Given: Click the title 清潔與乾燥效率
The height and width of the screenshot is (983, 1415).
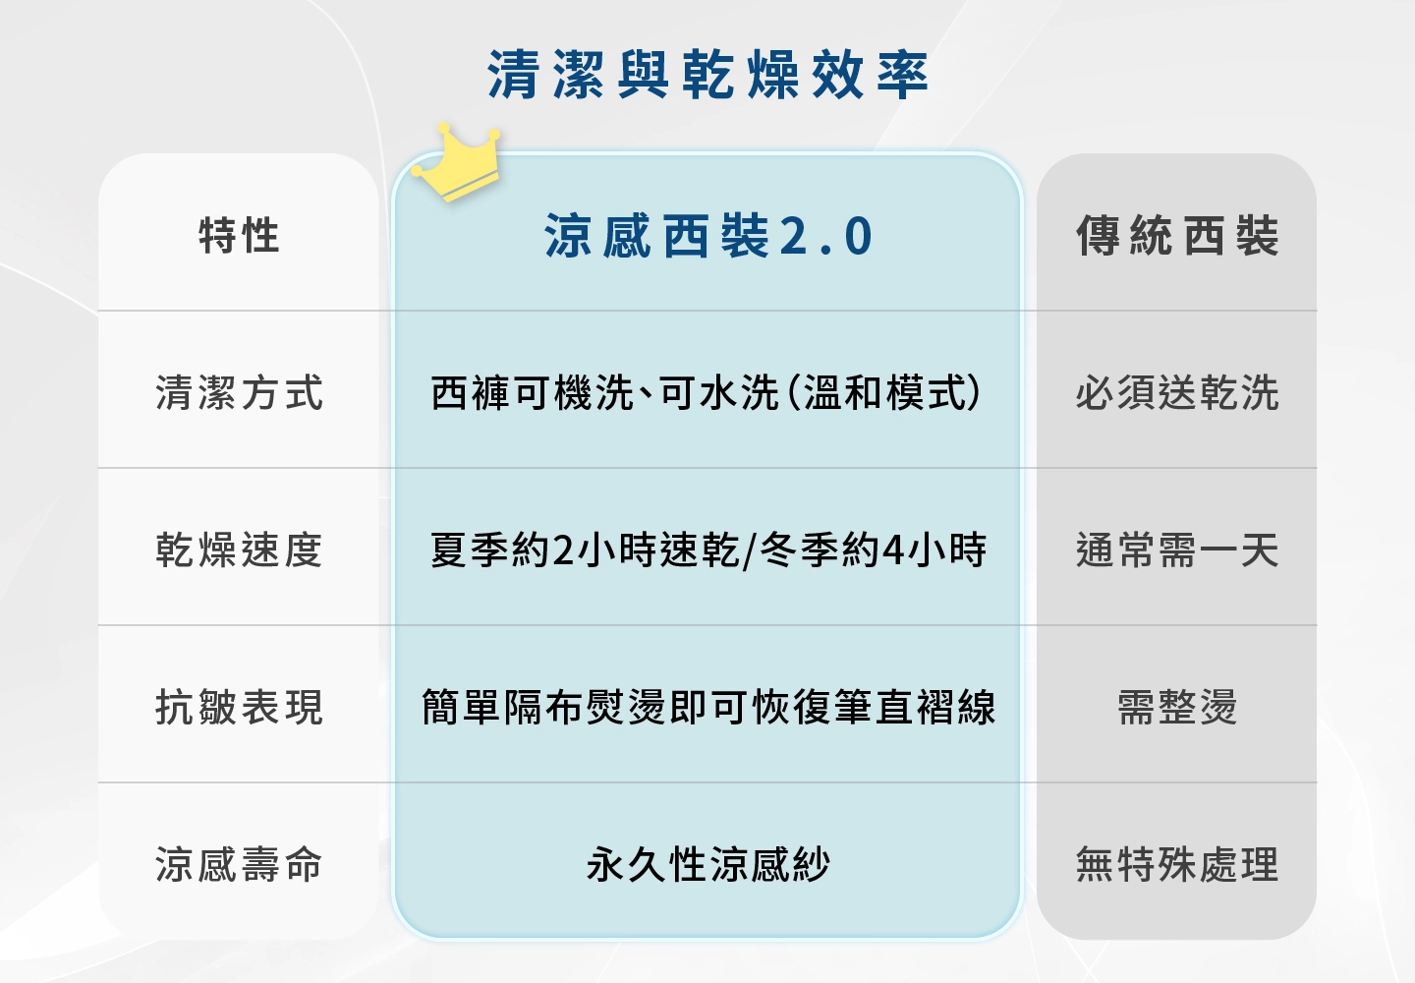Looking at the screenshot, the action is click(707, 75).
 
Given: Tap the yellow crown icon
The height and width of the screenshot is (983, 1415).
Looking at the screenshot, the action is click(456, 163).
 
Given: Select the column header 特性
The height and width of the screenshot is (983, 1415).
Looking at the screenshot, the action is click(239, 235).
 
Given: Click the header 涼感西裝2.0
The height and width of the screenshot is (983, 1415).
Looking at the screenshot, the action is click(707, 235).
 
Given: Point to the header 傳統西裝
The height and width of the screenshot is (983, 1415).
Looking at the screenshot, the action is click(1177, 235).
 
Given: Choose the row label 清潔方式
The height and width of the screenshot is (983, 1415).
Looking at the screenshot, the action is click(239, 392).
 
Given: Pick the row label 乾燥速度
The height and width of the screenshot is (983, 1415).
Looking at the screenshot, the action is click(239, 549).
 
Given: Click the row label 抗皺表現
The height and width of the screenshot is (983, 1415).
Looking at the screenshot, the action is click(239, 707).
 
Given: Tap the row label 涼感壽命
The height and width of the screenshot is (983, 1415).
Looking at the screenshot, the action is click(239, 864).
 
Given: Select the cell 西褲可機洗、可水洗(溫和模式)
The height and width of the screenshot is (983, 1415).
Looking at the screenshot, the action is click(707, 392).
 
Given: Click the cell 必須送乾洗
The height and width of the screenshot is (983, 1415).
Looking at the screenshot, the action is click(1177, 392).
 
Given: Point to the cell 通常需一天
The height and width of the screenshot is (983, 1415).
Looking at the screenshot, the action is click(1177, 549).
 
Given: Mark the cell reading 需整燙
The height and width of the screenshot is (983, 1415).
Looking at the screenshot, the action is click(1177, 707).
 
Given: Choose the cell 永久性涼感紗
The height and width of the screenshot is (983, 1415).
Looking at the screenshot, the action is click(707, 864).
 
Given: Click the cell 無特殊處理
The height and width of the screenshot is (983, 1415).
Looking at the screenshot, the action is click(1177, 864).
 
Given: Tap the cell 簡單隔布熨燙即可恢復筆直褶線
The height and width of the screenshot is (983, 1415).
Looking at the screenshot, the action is click(708, 707).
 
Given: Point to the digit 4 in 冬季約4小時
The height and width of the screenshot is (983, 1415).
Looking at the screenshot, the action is click(892, 550).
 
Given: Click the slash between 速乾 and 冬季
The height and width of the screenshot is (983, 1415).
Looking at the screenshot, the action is click(749, 550).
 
